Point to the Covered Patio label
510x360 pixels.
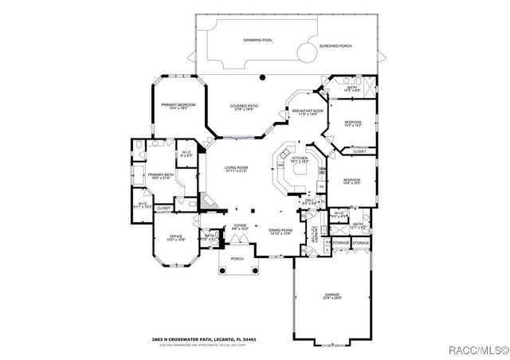(x=243, y=107)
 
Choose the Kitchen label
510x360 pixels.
(x=300, y=159)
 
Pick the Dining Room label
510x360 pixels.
(x=280, y=231)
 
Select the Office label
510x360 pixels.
(x=175, y=237)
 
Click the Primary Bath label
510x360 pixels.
(x=160, y=175)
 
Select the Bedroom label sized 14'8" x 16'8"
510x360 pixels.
(x=351, y=182)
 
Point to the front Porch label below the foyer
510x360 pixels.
(x=237, y=259)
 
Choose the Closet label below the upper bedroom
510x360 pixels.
(x=359, y=151)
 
